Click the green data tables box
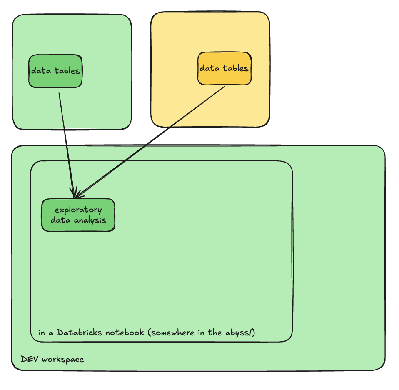[55, 71]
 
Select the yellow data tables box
[224, 69]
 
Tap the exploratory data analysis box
[78, 215]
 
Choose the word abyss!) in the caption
[240, 332]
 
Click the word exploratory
[78, 210]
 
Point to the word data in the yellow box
[209, 68]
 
